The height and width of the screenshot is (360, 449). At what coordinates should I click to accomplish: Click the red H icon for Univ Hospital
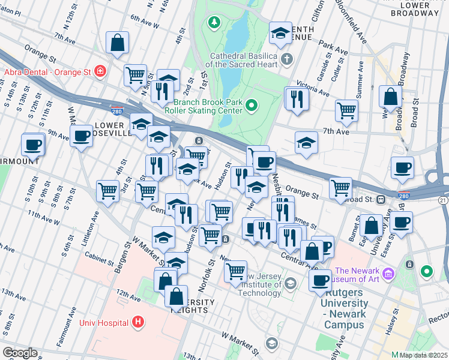point(139,322)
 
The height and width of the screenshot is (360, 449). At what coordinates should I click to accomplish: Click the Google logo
point(20,352)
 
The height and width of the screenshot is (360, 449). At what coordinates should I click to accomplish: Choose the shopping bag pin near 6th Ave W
point(118,43)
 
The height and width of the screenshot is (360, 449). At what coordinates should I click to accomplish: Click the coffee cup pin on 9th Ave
point(82,136)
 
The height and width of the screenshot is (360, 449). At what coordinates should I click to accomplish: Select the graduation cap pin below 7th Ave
point(306,143)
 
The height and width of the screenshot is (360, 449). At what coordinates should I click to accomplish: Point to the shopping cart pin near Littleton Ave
point(108,191)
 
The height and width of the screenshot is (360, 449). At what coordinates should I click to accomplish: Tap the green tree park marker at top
point(213,23)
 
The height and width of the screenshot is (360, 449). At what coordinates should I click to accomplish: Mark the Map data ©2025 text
point(423,355)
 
